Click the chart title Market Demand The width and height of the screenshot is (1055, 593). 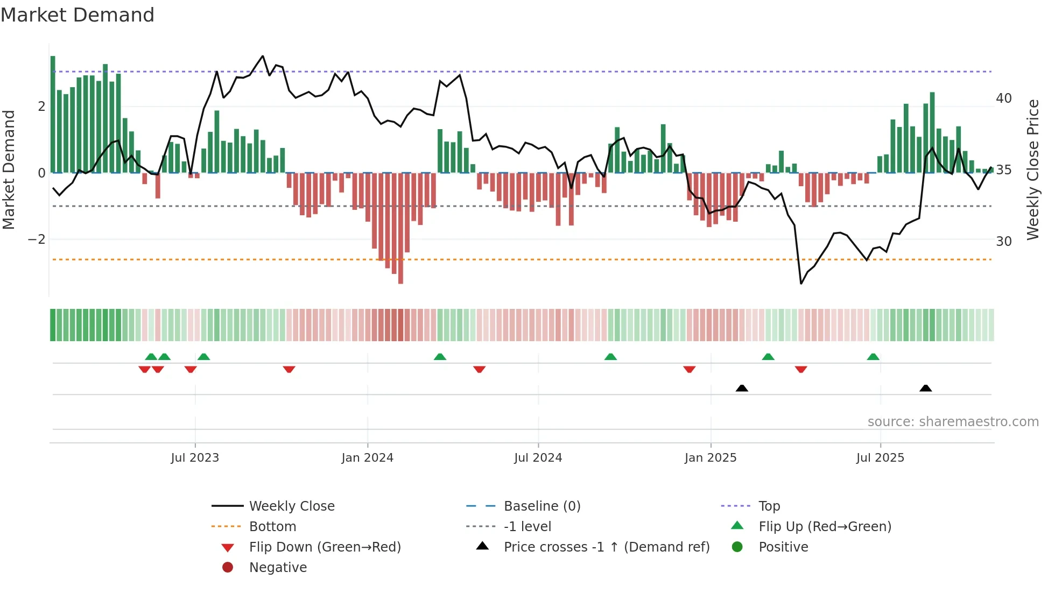(78, 15)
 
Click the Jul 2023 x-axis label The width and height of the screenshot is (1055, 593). (195, 458)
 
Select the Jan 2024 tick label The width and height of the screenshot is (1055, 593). (367, 458)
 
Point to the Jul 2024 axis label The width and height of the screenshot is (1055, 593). (538, 458)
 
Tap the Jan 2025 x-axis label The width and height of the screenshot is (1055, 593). (710, 458)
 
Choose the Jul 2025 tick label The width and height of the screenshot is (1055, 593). (880, 458)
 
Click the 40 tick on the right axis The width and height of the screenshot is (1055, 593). (1003, 98)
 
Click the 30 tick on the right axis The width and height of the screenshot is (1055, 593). (1003, 242)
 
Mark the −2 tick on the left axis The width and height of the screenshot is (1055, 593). (37, 239)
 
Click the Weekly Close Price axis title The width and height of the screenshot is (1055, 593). (1032, 170)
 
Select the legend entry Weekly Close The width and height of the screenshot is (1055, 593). (291, 506)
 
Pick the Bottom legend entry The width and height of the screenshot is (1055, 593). (272, 527)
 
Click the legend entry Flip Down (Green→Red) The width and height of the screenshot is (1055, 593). (325, 547)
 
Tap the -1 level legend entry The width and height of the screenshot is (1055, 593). (527, 527)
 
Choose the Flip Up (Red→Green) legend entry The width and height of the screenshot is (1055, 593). (825, 527)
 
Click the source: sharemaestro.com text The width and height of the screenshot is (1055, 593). (953, 422)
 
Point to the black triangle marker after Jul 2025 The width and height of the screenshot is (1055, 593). (925, 389)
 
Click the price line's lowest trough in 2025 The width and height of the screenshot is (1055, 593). (801, 283)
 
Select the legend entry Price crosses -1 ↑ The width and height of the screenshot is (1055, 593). (606, 547)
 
